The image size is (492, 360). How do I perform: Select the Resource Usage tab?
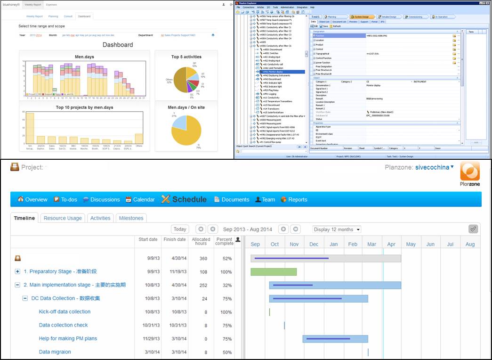pos(63,218)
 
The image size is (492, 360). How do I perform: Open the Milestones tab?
pos(131,218)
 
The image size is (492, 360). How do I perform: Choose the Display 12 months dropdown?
pos(337,229)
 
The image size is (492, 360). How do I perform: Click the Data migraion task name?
pos(55,352)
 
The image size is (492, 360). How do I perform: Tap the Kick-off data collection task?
pos(65,312)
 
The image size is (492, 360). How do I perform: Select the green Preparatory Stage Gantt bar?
pos(273,272)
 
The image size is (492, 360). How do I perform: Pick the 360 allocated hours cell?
pos(203,259)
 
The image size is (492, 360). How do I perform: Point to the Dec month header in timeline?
pos(314,244)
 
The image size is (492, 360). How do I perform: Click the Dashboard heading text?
pos(118,45)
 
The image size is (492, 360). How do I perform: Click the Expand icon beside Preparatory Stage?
pos(18,272)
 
